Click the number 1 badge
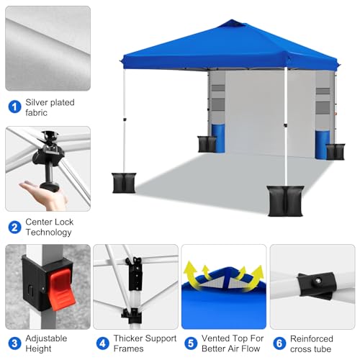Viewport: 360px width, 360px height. pyautogui.click(x=14, y=107)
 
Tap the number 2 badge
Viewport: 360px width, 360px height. pyautogui.click(x=14, y=228)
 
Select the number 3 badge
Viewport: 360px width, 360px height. pyautogui.click(x=14, y=343)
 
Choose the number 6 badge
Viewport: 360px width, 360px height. pyautogui.click(x=279, y=343)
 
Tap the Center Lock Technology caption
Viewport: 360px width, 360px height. pyautogui.click(x=50, y=228)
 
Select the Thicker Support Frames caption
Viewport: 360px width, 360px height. pyautogui.click(x=137, y=343)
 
